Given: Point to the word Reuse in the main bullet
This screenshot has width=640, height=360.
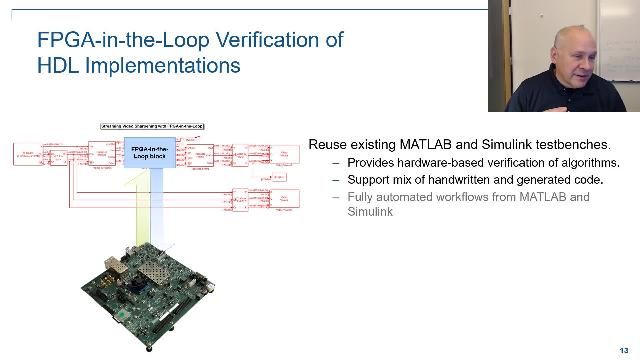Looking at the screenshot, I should click(x=328, y=145).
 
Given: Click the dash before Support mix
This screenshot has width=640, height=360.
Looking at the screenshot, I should click(x=336, y=180).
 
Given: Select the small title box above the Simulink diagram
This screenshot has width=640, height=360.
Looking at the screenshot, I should click(x=152, y=127).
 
